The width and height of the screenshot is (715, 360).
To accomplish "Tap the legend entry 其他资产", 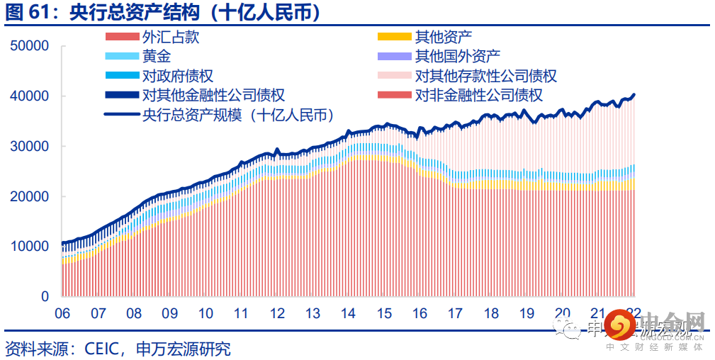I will tap(443, 38).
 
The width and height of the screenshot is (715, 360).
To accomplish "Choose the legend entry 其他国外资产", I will tap(457, 57).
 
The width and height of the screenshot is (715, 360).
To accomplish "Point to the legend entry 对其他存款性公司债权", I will tap(485, 76).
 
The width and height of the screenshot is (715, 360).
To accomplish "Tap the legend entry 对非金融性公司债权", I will tap(478, 95).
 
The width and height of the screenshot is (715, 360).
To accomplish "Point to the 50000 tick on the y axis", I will tap(30, 46).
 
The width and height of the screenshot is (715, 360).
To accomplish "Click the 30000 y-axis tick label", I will tap(30, 147).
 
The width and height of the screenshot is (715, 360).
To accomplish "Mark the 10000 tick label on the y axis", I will tap(30, 247).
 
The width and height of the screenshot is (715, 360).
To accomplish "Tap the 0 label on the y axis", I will tap(45, 297).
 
